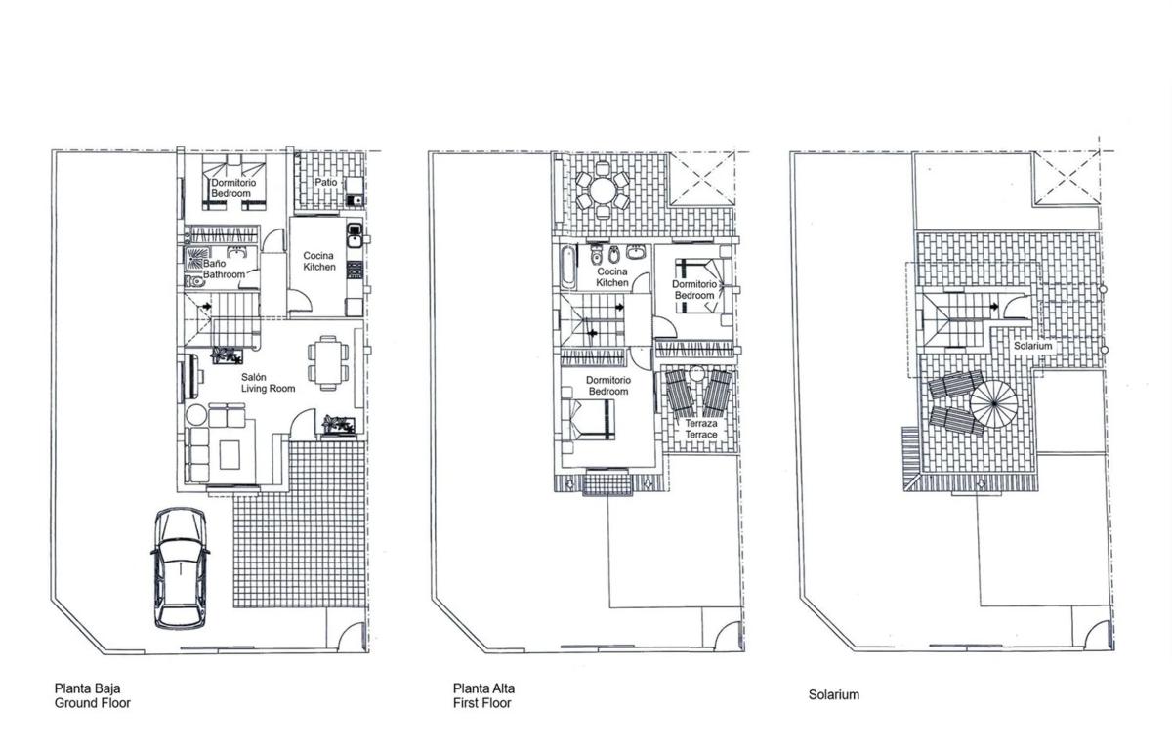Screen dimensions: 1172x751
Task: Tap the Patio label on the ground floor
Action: pos(326,182)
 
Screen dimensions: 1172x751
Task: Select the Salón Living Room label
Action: pos(268,383)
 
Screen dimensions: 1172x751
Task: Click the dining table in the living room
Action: pos(328,363)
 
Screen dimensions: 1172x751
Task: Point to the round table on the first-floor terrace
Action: pos(603,190)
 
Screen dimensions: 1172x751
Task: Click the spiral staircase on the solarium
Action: pos(994,404)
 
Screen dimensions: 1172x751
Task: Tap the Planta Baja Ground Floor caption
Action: pos(93,695)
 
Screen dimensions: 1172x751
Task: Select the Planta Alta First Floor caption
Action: pos(483,695)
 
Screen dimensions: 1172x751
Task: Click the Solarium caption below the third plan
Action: pos(834,695)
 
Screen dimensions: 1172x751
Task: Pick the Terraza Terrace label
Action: pos(701,429)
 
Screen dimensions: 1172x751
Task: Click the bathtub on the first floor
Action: pos(567,267)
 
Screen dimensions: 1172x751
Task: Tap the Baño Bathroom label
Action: pos(224,269)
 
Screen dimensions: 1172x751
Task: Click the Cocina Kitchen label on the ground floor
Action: pos(319,261)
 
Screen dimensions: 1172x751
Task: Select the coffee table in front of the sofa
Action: pos(230,455)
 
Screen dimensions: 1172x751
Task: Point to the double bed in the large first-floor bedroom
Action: pos(588,419)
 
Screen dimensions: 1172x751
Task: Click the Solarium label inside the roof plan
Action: pos(1033,346)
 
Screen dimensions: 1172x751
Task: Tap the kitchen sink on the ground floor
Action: pos(355,235)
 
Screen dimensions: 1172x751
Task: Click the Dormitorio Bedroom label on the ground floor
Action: pos(233,188)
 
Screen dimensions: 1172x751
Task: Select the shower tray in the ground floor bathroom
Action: pos(197,258)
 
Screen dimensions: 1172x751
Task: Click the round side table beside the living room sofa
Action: pos(196,415)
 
